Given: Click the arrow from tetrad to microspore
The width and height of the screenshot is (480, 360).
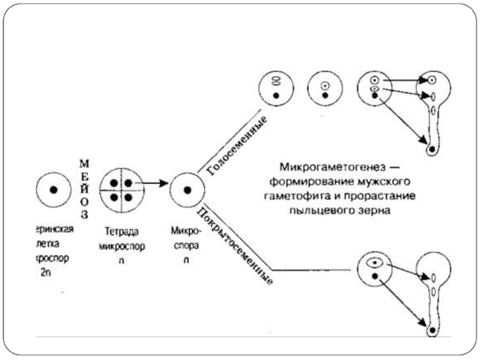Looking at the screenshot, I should (153, 182).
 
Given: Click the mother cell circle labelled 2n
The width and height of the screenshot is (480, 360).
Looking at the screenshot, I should (53, 189).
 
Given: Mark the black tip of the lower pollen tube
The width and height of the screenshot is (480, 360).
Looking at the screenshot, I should (431, 330).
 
